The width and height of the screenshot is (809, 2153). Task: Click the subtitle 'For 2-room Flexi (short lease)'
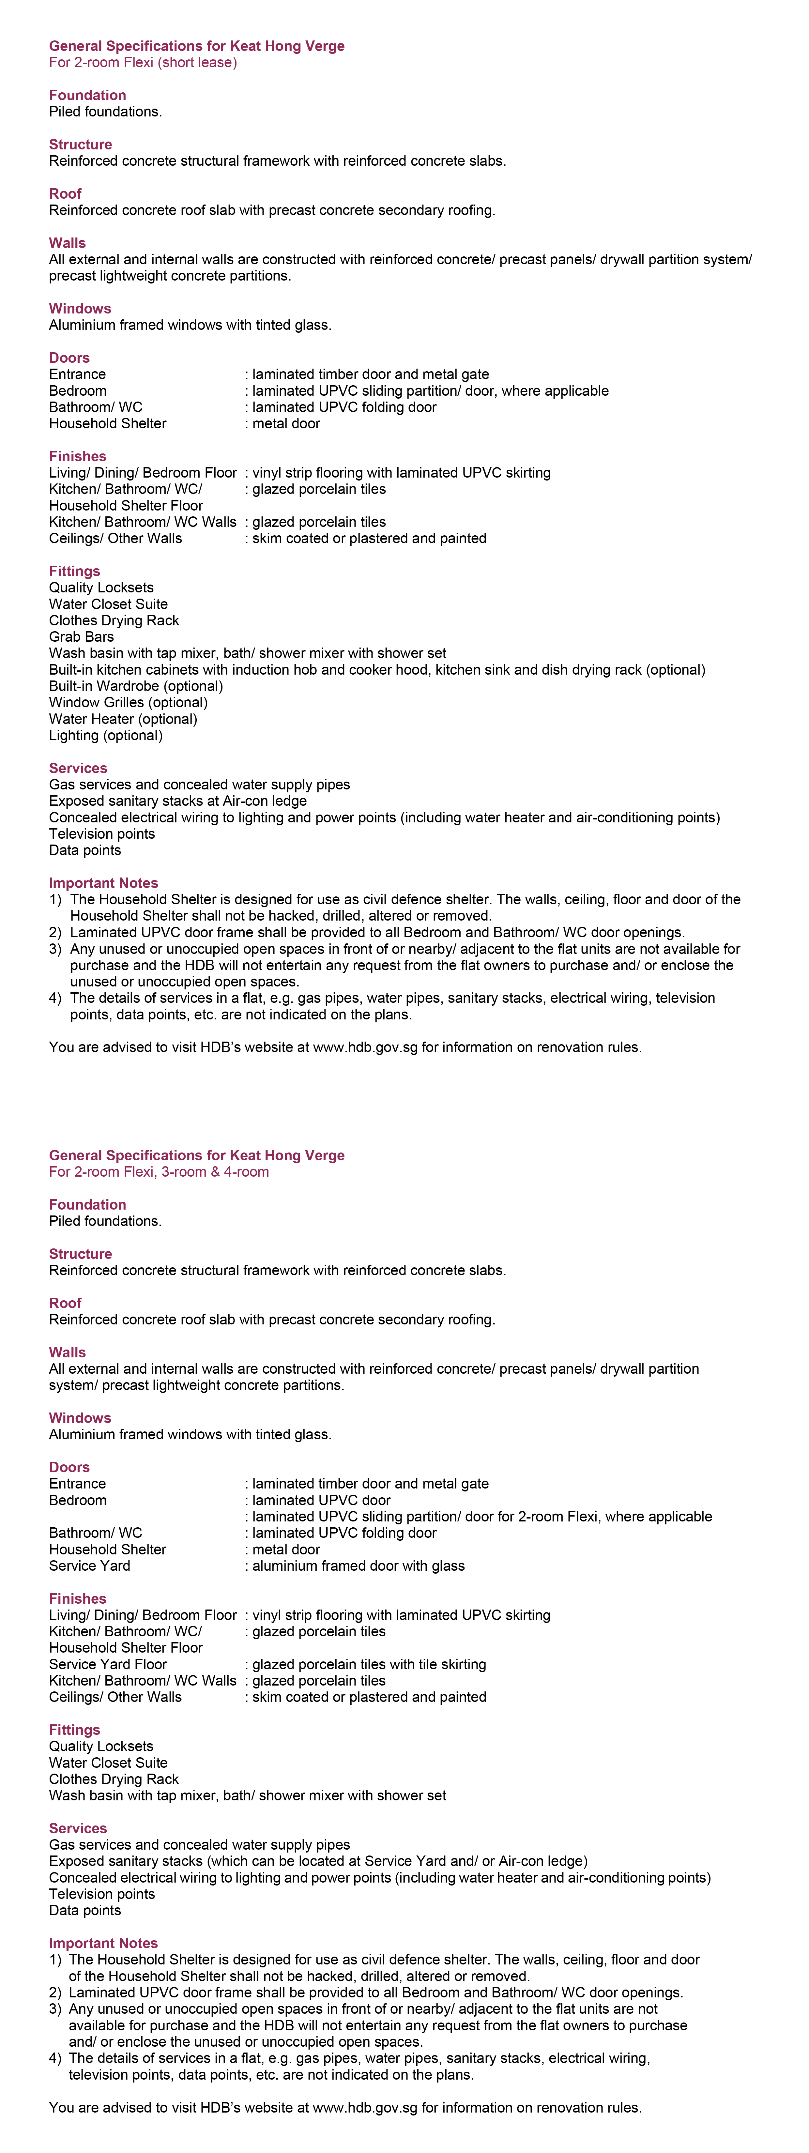click(143, 63)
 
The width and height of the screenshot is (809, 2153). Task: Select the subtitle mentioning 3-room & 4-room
click(159, 1172)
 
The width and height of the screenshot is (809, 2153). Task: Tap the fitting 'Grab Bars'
click(81, 637)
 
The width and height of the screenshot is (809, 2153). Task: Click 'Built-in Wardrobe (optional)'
click(135, 686)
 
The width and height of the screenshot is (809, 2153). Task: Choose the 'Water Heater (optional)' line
click(123, 719)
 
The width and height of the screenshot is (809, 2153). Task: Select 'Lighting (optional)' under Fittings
click(105, 736)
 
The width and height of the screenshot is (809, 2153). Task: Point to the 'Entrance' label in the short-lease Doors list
click(78, 374)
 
